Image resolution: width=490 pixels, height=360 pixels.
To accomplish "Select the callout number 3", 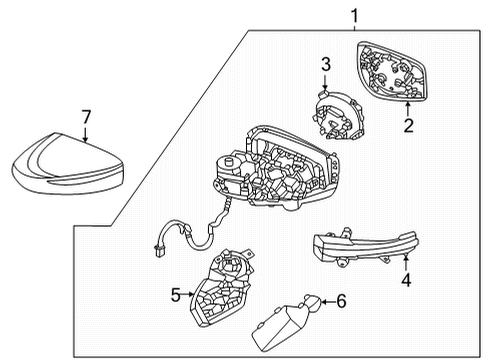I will (325, 65).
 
